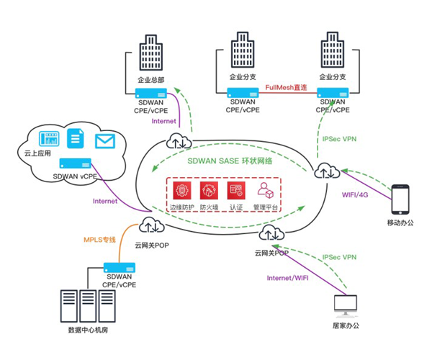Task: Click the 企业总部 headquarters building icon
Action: [x=150, y=53]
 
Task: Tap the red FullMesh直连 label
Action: [x=286, y=87]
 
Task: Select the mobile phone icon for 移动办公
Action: [x=400, y=199]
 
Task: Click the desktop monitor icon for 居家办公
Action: [x=346, y=305]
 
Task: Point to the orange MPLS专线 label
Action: [x=99, y=240]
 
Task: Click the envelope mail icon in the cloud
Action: [x=105, y=141]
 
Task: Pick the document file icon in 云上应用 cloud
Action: [x=76, y=138]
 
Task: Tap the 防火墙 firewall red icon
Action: [x=209, y=190]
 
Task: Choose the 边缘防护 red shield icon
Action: [x=182, y=190]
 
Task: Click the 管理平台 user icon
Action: [x=265, y=190]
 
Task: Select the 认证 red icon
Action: [x=236, y=190]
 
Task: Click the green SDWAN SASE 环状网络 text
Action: [x=230, y=161]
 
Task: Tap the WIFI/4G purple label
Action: [x=355, y=194]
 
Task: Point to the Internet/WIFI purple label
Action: [x=287, y=278]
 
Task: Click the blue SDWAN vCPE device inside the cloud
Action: [x=76, y=163]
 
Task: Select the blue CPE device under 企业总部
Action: [x=151, y=94]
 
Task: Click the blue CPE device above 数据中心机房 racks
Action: [x=120, y=268]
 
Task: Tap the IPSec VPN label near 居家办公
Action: [x=339, y=257]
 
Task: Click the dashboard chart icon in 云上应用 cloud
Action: [x=49, y=138]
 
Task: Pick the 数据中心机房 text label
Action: [x=88, y=330]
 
